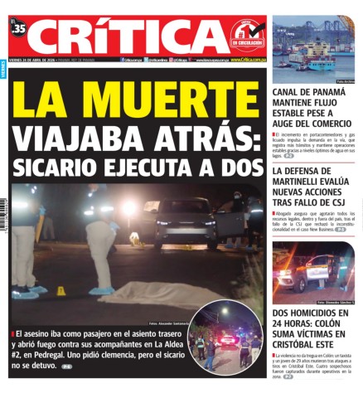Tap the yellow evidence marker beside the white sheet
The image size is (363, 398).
(x=60, y=290)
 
